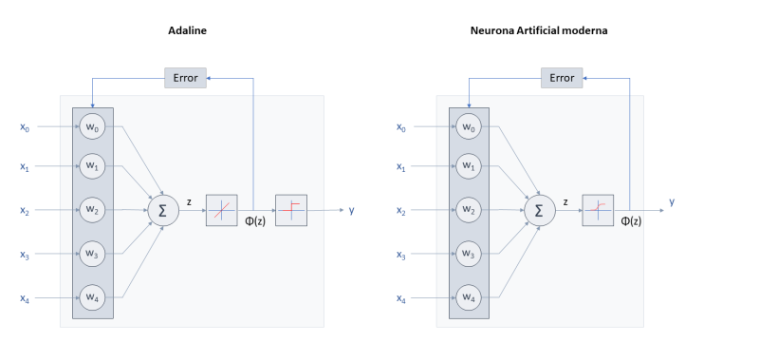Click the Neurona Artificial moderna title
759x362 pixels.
coord(539,30)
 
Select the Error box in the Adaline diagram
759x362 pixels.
coord(186,78)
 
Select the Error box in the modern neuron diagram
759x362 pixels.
coord(562,78)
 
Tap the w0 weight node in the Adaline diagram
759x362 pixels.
coord(92,127)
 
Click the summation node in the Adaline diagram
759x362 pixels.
coord(162,210)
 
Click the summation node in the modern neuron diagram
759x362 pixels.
coord(539,210)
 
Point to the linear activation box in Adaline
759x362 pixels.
coord(221,210)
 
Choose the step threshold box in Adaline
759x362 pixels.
coord(290,210)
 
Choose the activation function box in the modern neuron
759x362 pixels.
coord(598,210)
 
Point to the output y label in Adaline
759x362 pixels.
coord(351,210)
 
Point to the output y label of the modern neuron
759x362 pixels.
coord(672,201)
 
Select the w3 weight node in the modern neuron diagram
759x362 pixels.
coord(469,253)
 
